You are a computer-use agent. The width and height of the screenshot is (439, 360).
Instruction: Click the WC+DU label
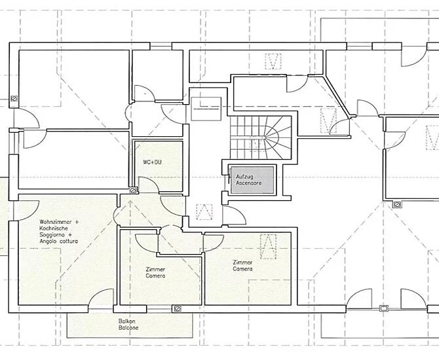(152, 162)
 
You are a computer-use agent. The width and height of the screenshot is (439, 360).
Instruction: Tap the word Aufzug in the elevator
(244, 177)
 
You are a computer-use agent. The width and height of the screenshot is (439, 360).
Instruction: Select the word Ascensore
(248, 183)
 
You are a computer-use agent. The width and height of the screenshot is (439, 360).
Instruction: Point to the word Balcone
(128, 328)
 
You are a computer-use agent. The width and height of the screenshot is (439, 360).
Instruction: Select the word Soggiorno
(52, 235)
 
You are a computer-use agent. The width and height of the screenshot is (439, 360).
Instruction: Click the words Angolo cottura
(59, 242)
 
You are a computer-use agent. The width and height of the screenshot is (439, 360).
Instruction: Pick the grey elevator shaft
(252, 180)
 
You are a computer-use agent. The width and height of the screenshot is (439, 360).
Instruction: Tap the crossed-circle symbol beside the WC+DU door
(133, 190)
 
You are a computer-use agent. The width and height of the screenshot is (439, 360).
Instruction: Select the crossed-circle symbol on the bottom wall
(177, 308)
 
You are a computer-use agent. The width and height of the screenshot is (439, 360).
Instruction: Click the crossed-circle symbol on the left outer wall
(14, 98)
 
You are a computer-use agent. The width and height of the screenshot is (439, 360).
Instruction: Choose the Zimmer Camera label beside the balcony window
(155, 273)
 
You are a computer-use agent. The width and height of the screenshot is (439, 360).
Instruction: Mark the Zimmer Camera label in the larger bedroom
(242, 266)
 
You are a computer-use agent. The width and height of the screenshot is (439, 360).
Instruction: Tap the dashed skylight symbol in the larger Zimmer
(268, 247)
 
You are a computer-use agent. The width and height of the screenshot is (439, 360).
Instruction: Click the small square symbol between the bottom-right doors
(383, 309)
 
